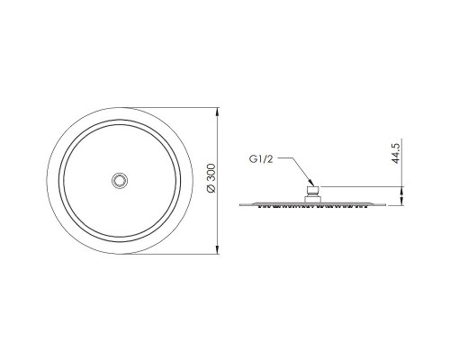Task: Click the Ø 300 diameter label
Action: [211, 178]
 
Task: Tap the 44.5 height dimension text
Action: [396, 153]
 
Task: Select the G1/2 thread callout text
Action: [261, 159]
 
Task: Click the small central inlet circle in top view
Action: [120, 181]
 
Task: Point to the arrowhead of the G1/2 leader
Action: [311, 184]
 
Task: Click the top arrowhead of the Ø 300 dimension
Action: [217, 112]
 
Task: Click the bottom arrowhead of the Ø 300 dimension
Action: [217, 248]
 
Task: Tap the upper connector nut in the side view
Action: [313, 192]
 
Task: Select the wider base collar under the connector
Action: [313, 200]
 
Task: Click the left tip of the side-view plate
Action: [239, 205]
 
